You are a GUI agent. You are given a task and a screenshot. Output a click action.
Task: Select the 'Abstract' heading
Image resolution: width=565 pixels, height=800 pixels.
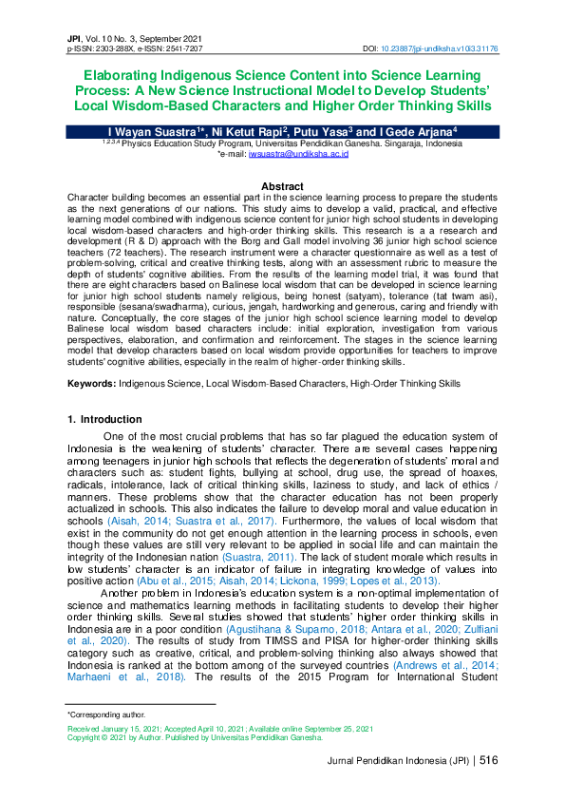tap(282, 186)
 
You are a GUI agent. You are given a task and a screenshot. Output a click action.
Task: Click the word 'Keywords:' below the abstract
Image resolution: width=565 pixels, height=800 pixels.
tap(91, 383)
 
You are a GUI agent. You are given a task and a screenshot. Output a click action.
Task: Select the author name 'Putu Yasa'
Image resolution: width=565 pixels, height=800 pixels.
tap(316, 131)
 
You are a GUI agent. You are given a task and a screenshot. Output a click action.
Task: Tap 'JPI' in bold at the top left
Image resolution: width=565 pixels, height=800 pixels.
tap(75, 35)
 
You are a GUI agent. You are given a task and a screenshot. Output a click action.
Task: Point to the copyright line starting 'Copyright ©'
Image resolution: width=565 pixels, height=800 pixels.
tap(195, 735)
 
